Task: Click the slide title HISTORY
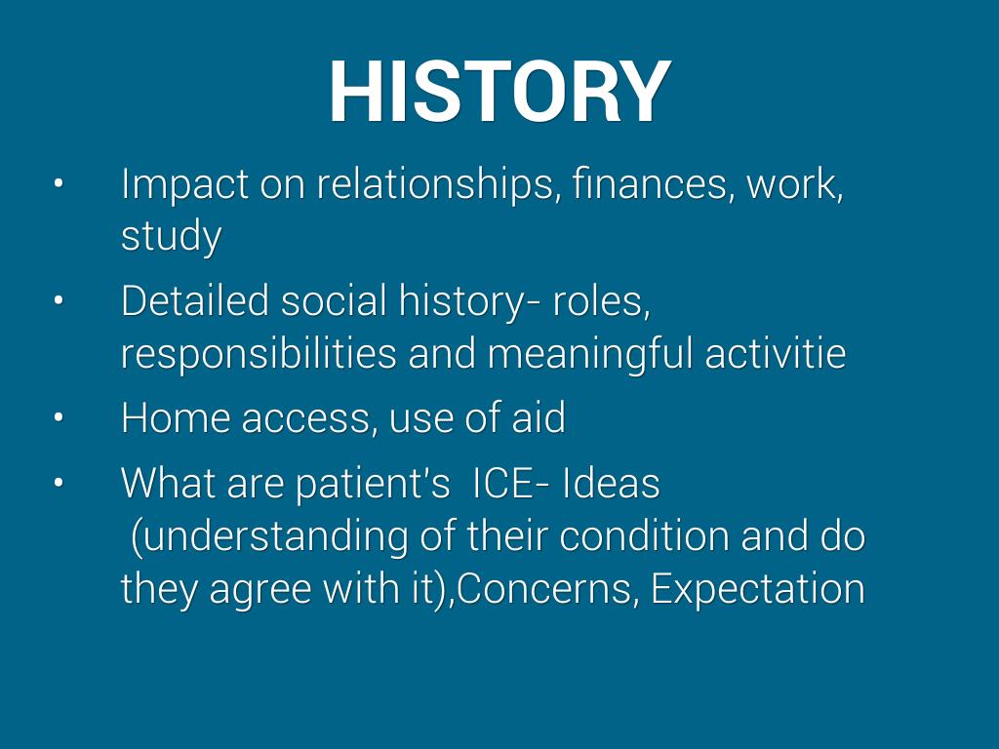point(500,91)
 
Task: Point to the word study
point(172,236)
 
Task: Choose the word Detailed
point(195,300)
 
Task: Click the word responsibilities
point(259,353)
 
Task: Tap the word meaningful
point(590,353)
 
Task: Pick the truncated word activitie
point(776,353)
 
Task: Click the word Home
point(176,417)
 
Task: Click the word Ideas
point(611,483)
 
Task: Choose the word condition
point(644,535)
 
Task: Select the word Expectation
point(758,590)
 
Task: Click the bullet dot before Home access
point(59,417)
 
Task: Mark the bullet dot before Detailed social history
point(59,300)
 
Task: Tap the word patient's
point(373,484)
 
